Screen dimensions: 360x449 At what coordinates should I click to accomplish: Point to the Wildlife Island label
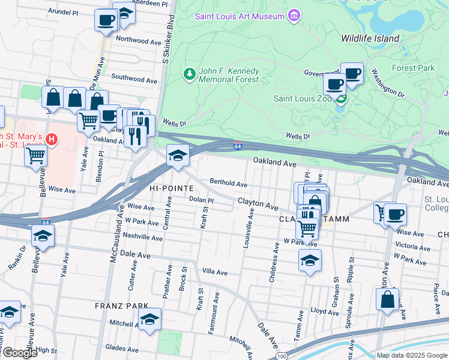[x=370, y=38]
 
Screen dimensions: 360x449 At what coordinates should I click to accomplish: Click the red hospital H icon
[x=52, y=139]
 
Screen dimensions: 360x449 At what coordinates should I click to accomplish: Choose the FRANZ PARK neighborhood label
[x=117, y=305]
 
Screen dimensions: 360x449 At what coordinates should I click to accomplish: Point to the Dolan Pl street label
[x=201, y=200]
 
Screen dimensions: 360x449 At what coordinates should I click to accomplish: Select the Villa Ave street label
[x=214, y=272]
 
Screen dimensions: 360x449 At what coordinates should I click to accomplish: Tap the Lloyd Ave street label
[x=325, y=311]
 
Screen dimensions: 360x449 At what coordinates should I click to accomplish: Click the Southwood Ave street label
[x=136, y=78]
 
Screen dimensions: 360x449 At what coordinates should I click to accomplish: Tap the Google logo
[x=19, y=353]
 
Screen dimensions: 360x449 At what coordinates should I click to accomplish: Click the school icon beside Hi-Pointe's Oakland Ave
[x=177, y=156]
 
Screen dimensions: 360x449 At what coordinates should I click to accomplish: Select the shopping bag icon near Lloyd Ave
[x=387, y=298]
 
